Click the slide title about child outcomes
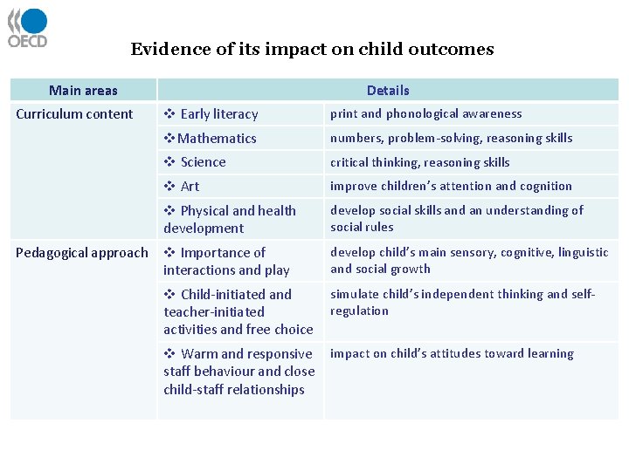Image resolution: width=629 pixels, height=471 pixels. (x=312, y=50)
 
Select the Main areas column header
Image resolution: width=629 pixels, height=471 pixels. (x=83, y=90)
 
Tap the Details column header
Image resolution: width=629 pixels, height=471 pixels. (x=388, y=90)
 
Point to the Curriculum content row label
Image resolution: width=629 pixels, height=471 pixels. (x=74, y=114)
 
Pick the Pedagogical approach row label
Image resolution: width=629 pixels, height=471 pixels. (x=82, y=253)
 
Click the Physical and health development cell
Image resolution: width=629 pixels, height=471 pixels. (x=230, y=219)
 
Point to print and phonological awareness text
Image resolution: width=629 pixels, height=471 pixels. (x=425, y=114)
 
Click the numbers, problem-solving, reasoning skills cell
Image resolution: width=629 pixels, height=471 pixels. (x=451, y=138)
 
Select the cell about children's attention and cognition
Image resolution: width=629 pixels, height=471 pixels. (x=451, y=186)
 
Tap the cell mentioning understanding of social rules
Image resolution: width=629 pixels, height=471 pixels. (x=456, y=218)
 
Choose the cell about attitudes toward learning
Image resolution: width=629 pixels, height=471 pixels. (x=452, y=353)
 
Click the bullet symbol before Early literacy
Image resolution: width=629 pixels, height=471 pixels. (x=169, y=114)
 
